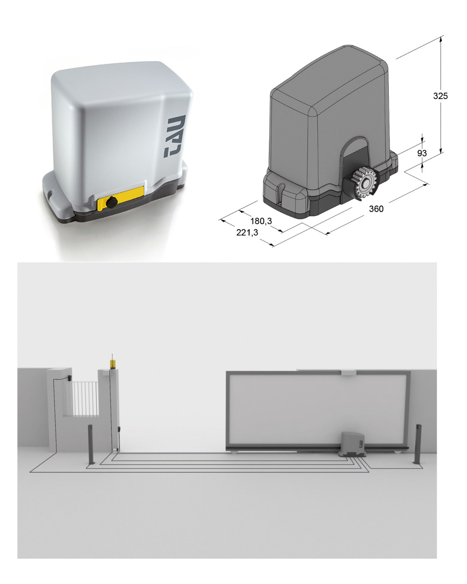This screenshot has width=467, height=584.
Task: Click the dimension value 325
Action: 440,96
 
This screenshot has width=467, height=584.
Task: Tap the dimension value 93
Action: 422,153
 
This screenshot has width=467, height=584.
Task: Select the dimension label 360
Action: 376,209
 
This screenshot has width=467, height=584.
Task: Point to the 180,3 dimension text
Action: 261,221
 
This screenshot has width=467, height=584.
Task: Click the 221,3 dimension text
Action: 247,233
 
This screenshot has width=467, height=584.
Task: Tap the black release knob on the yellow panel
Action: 112,202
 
